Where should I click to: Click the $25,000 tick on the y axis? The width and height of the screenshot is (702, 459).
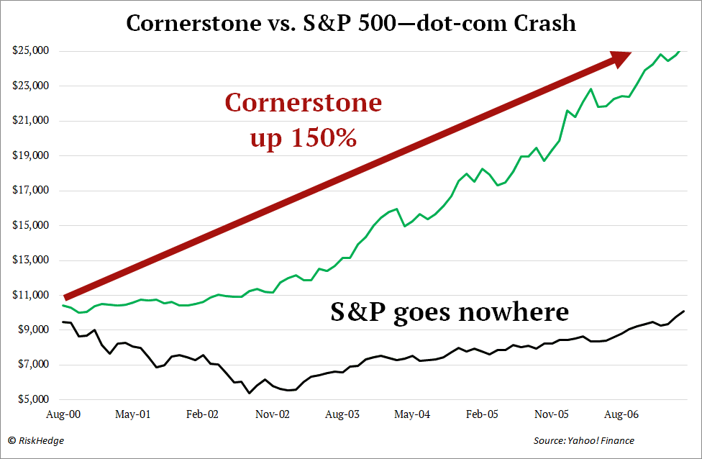point(29,51)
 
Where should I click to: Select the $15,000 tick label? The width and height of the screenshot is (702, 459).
point(29,225)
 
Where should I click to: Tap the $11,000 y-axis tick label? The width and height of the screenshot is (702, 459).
point(29,295)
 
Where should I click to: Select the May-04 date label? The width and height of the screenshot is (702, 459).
point(413,415)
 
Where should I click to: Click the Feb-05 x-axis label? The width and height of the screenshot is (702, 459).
point(482,415)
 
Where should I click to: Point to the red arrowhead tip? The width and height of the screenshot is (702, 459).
point(631,53)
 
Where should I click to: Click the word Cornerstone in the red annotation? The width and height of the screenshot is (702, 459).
point(303,103)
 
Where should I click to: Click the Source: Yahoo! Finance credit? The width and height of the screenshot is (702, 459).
point(583,440)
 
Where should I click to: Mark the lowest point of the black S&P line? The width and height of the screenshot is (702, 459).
point(250,393)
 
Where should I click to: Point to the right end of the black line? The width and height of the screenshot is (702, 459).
point(683,311)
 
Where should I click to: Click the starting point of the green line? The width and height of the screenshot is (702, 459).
point(65,306)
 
